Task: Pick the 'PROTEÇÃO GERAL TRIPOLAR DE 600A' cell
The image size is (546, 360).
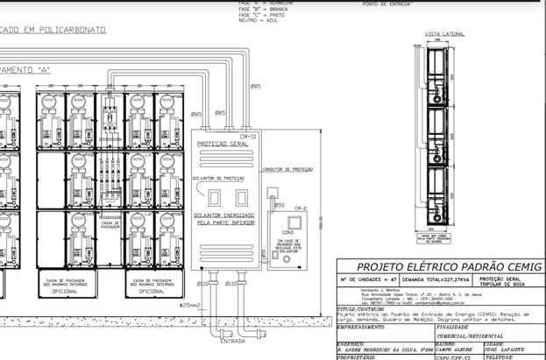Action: click(509, 281)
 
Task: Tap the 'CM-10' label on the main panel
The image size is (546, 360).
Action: click(248, 137)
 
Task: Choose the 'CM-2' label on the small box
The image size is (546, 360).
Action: click(301, 208)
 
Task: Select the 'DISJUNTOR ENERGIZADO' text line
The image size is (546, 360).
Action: click(227, 215)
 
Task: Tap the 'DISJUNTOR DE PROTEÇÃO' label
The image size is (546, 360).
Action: click(219, 178)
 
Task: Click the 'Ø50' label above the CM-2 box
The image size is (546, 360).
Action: click(280, 205)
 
